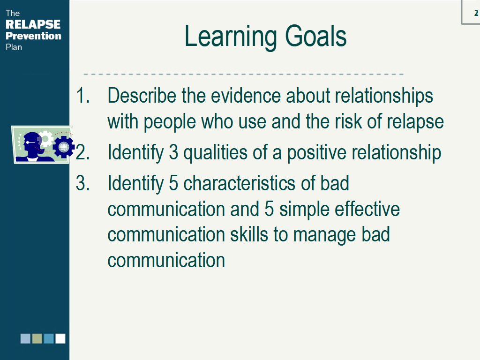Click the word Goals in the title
point(315,37)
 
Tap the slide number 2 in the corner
point(476,13)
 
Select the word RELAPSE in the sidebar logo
point(33,24)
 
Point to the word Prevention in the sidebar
point(33,36)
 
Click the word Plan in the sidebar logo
point(14,47)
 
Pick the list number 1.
point(82,95)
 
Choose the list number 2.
point(82,152)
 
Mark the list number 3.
point(82,183)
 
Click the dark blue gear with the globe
point(64,147)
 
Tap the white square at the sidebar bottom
point(60,338)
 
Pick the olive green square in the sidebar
point(37,338)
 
